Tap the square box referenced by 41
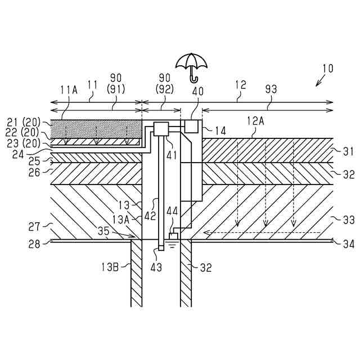[162, 129]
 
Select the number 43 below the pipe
[156, 267]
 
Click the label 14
[220, 130]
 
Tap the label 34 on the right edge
[349, 243]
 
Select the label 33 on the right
[349, 219]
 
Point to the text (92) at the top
[165, 88]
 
